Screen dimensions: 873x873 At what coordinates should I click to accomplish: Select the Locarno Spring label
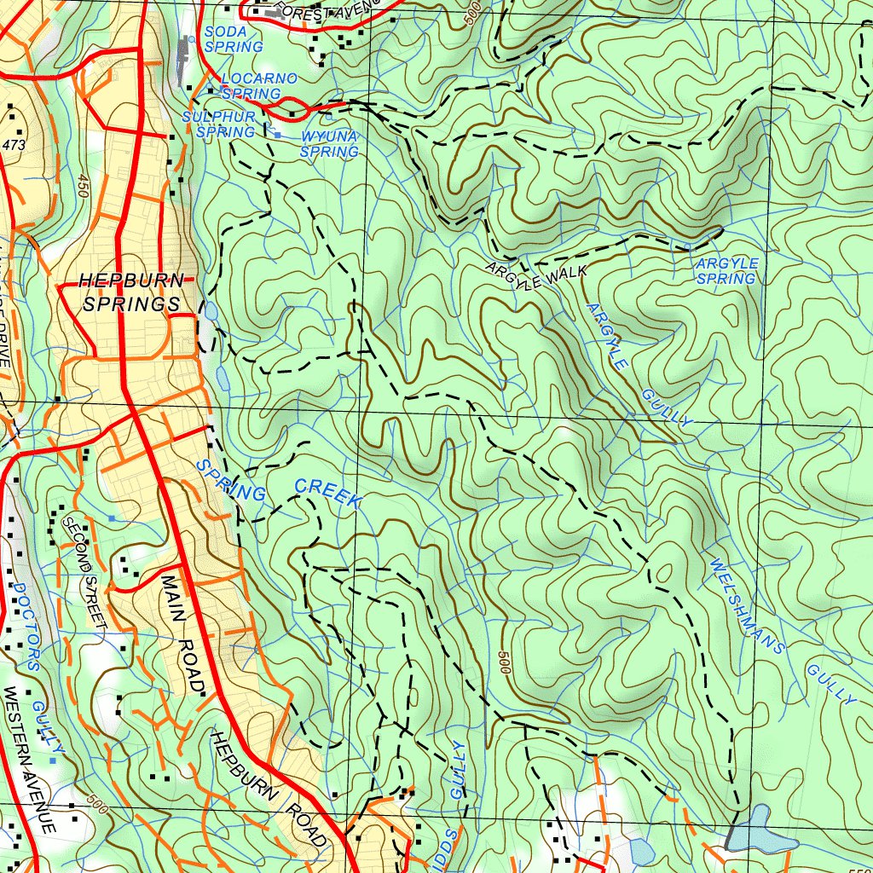tap(257, 86)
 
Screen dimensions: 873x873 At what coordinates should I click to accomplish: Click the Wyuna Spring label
tap(329, 144)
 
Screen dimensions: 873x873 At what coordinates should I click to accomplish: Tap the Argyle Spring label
tap(726, 271)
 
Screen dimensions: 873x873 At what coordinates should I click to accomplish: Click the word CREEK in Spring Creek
tap(327, 494)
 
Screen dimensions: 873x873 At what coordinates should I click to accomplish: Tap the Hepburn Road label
tap(269, 788)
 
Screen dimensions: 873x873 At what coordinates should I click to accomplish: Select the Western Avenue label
tap(30, 759)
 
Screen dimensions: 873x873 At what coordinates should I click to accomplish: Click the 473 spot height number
tap(14, 146)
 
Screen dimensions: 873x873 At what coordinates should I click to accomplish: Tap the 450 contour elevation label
tap(83, 187)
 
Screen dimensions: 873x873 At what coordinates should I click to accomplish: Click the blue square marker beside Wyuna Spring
tap(277, 135)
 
